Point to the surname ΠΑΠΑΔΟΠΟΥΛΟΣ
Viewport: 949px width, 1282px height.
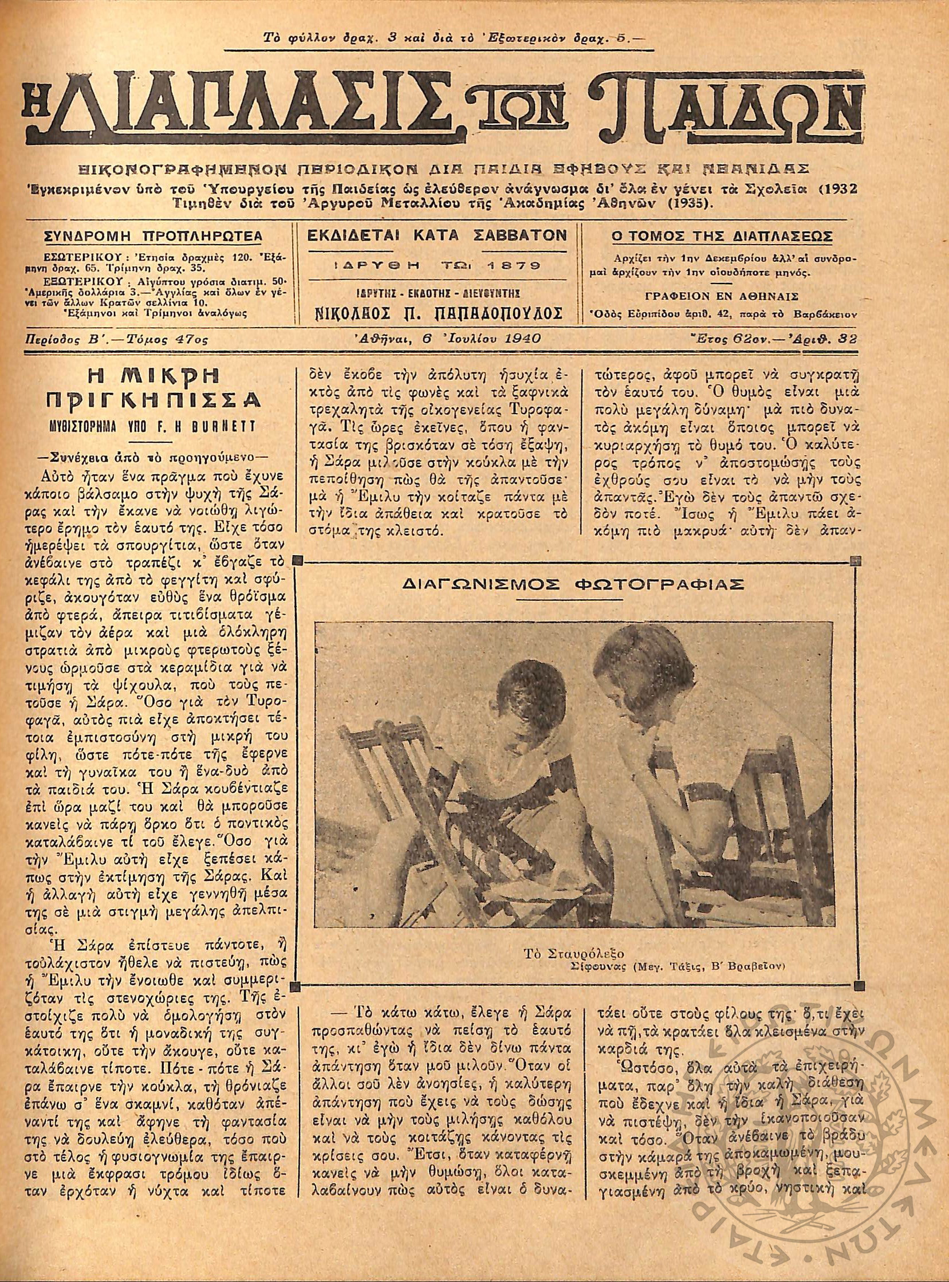[x=487, y=314]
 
